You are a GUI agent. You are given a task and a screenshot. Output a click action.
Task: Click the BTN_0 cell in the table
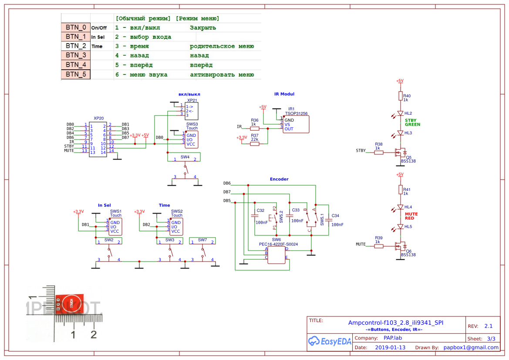(76, 27)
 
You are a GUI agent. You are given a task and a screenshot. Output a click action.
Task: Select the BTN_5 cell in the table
(76, 75)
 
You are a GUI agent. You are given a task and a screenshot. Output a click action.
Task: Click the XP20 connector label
(98, 119)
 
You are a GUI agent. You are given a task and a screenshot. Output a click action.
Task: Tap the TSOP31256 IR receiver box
(296, 125)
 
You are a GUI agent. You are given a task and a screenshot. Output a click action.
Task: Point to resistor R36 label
(255, 120)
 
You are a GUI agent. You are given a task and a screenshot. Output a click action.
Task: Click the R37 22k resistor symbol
(255, 143)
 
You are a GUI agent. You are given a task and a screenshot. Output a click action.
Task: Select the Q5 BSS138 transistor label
(408, 159)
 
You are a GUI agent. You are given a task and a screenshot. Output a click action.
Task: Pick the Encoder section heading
(279, 179)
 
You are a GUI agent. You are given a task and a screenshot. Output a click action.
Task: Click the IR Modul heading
(284, 94)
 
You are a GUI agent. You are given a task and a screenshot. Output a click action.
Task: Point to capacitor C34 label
(335, 216)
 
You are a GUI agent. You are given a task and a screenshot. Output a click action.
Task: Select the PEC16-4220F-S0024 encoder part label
(278, 244)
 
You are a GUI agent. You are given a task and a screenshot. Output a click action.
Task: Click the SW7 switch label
(202, 240)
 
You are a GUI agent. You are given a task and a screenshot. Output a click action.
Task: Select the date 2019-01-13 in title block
(390, 347)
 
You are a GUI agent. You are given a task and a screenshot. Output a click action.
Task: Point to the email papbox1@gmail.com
(471, 347)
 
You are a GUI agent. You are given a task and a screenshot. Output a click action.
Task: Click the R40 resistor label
(407, 96)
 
